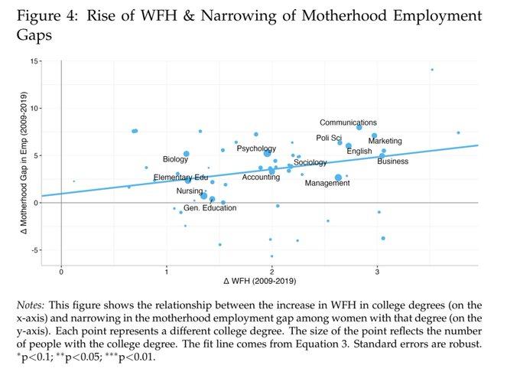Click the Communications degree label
(x=348, y=122)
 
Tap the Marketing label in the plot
(x=385, y=141)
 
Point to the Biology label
(x=175, y=159)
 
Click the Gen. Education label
(x=210, y=207)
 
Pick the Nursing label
(x=190, y=191)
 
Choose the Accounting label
(x=261, y=177)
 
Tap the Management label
(x=327, y=183)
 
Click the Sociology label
(x=310, y=162)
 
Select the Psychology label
(x=256, y=148)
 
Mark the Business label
(x=393, y=161)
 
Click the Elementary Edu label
(x=180, y=178)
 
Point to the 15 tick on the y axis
(x=36, y=60)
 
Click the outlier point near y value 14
(x=432, y=70)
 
